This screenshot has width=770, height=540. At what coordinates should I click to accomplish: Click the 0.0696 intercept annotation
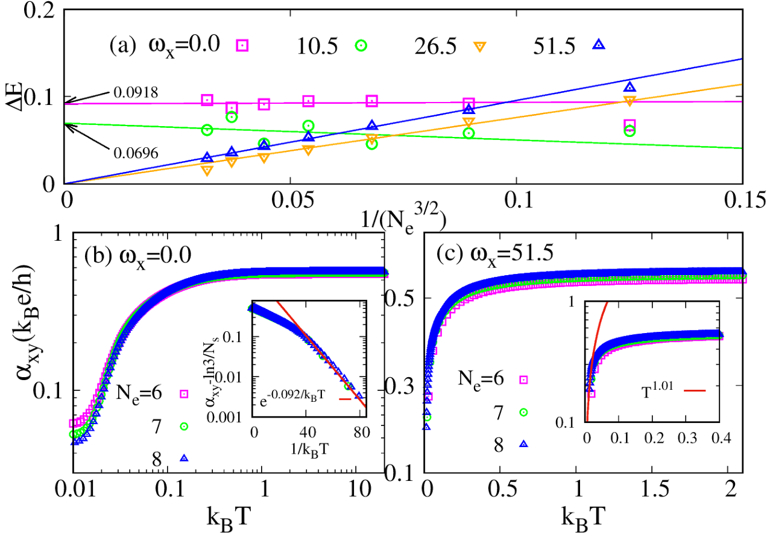coord(136,153)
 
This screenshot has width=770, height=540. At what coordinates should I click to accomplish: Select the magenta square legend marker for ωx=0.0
coord(242,45)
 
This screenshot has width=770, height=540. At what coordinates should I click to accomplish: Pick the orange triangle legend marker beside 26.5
coord(480,45)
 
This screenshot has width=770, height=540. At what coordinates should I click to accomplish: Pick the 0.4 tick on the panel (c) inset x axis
coord(721,439)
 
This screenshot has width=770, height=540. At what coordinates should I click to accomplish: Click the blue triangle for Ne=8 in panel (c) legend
coord(524,443)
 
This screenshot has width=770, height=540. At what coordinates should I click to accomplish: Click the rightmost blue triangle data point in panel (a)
coord(630,86)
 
